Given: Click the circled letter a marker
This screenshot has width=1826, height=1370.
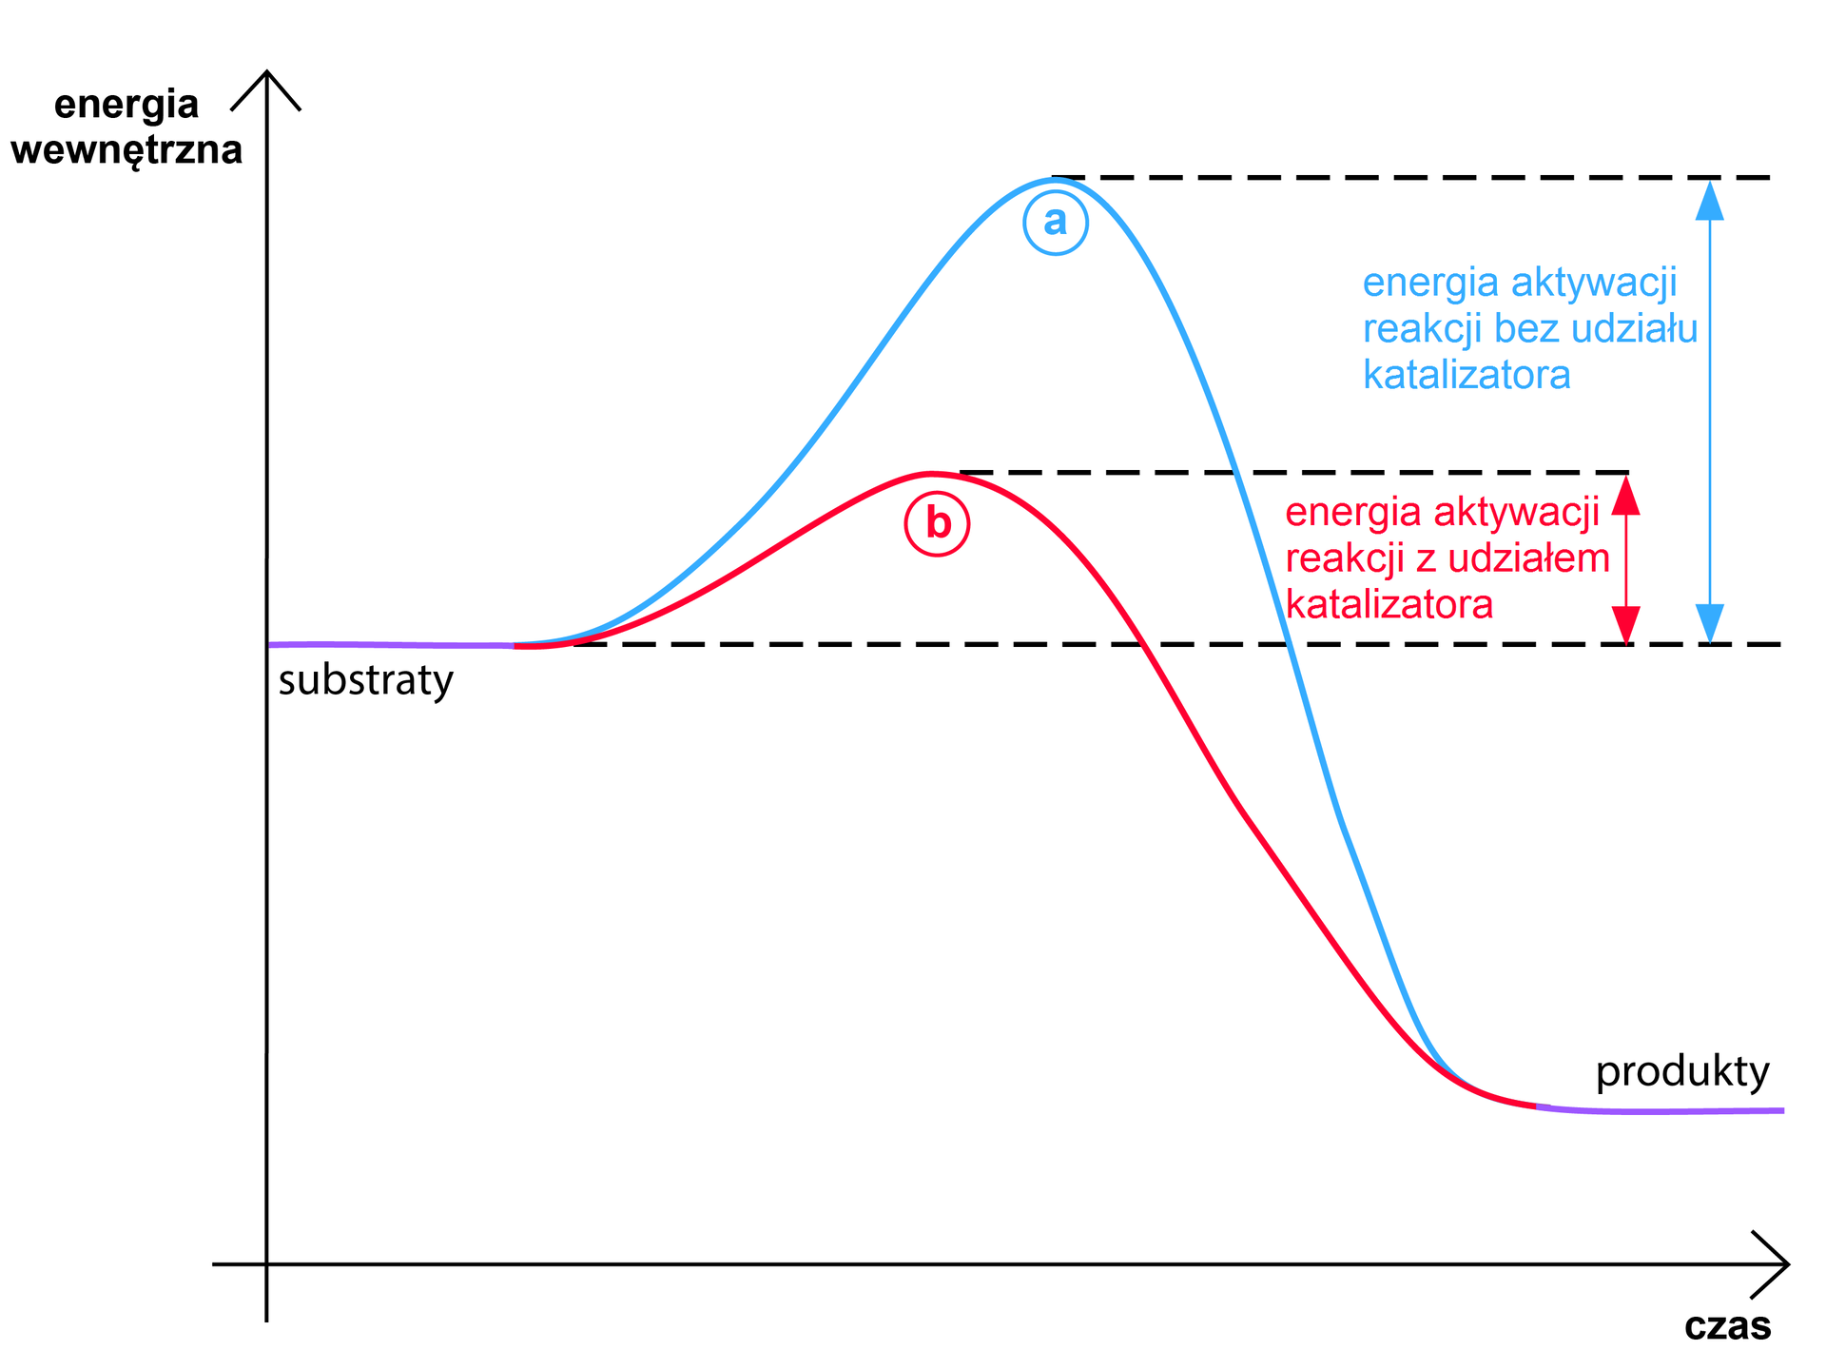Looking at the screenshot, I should coord(1056,223).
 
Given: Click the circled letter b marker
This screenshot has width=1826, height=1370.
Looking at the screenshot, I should coord(937,523).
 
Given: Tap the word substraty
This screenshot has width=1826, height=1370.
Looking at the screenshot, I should coord(365,681).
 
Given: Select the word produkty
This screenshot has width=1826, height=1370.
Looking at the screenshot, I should coord(1682,1073).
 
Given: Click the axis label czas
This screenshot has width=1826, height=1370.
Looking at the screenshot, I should coord(1727,1325).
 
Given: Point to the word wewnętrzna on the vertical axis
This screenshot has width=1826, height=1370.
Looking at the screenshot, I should coord(126,151).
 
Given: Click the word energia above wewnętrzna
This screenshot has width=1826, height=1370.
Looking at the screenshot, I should coord(126,105).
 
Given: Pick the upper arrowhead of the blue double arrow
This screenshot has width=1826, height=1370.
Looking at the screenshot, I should coord(1710,200).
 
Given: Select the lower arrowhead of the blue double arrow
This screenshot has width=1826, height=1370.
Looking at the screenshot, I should coord(1710,624).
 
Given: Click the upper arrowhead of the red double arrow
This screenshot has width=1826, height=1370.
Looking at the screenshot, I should coord(1625,495).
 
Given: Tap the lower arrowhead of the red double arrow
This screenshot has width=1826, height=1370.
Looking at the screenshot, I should coord(1625,626).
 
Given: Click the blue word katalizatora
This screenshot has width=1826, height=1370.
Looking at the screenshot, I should coord(1467,375).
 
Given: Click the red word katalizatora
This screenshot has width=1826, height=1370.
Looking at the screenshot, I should coord(1389,605).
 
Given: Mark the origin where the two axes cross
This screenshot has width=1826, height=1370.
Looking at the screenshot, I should coord(267,1264).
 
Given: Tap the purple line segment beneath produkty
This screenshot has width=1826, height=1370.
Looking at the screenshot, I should coord(1664,1110).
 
